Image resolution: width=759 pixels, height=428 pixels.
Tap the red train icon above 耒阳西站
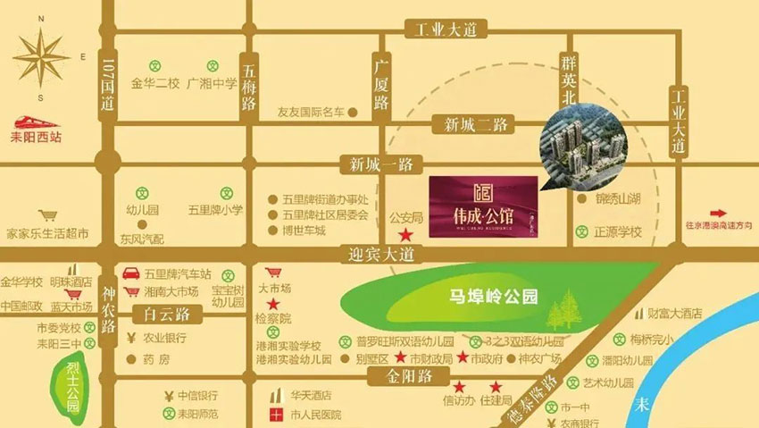35,124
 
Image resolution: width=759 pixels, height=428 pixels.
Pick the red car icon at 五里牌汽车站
130,273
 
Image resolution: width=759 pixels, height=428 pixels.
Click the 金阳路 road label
409,377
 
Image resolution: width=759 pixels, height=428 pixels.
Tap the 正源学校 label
618,231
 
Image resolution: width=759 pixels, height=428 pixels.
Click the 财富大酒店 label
675,314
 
